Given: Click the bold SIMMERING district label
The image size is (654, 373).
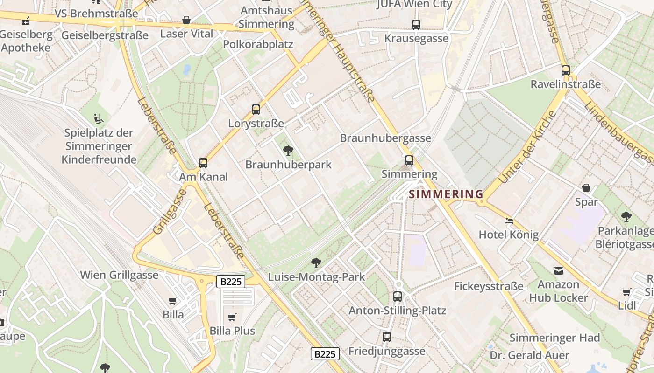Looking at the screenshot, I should coord(446,194).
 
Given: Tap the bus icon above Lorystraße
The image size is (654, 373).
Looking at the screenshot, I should coord(256,110).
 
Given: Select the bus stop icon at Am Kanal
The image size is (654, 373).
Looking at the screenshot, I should coord(203,163).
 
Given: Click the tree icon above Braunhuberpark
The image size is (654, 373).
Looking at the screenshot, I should coord(288,150).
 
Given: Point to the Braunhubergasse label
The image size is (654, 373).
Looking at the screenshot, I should coord(385,138).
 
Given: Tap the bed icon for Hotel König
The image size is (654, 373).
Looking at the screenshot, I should coord(509,221).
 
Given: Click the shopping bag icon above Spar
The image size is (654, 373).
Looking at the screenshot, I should coord(586,188).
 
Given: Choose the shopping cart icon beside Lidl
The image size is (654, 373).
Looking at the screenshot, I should coord(627,292).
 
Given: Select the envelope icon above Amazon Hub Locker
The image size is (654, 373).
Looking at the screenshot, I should coord(558,271).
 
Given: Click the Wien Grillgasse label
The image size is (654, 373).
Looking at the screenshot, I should coord(119,275).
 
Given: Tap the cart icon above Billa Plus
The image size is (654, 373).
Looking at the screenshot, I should coord(232,318).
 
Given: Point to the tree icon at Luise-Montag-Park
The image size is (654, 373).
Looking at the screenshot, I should coord(316,263).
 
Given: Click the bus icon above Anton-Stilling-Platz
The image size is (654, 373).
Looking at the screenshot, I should coord(398,296).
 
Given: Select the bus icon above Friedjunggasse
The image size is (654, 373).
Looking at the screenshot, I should coord(387,337).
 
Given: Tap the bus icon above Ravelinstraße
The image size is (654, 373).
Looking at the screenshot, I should coord(566,70).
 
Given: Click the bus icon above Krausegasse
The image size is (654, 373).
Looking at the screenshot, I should coord(416,24).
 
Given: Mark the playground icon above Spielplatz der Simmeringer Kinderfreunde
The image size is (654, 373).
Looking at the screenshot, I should coord(99,119).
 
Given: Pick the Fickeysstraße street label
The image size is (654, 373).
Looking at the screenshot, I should coord(489,286).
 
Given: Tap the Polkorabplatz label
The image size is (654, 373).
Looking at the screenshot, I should coord(258,44).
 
